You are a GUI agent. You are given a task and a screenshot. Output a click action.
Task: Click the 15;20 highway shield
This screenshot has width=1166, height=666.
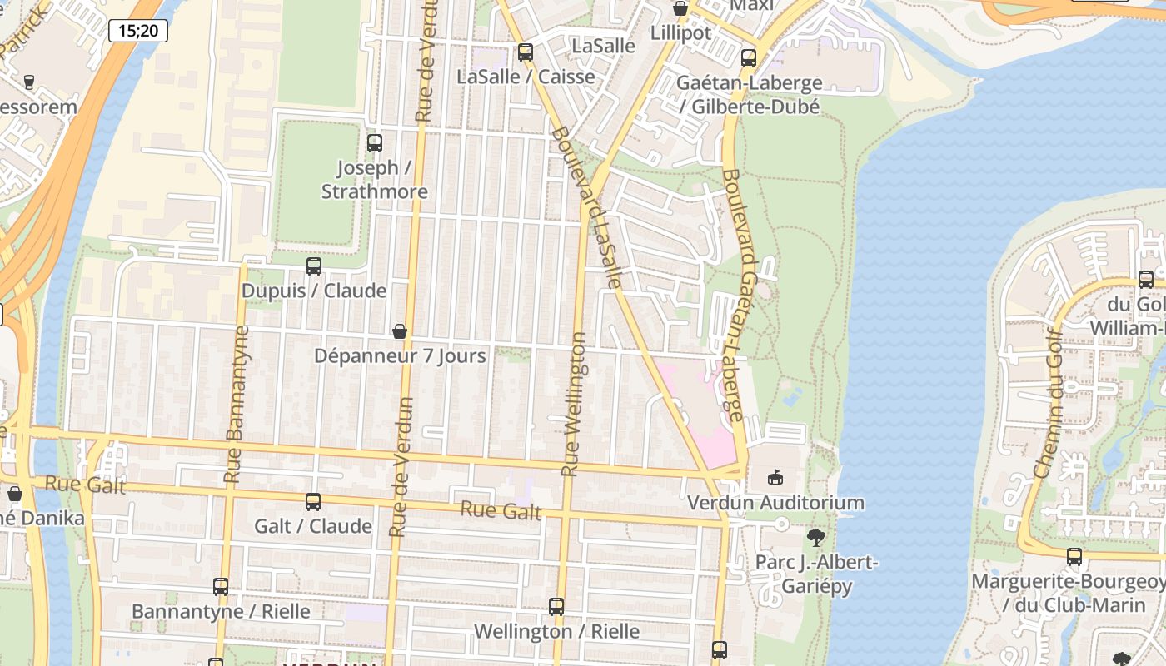pyautogui.click(x=138, y=31)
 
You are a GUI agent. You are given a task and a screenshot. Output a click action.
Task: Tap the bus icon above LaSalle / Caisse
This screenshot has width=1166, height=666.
pyautogui.click(x=526, y=52)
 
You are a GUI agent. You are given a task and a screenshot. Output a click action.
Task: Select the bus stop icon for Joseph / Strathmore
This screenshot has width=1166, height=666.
pyautogui.click(x=375, y=143)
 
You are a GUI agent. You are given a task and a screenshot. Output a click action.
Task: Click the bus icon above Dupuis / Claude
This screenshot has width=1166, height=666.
pyautogui.click(x=314, y=266)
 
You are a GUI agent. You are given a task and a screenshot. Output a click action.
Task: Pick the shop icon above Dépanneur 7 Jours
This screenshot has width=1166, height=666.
pyautogui.click(x=400, y=331)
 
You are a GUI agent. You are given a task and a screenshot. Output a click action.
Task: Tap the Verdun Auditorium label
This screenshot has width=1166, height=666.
pyautogui.click(x=775, y=503)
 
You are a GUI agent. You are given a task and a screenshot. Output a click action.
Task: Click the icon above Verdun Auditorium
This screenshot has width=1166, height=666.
pyautogui.click(x=775, y=477)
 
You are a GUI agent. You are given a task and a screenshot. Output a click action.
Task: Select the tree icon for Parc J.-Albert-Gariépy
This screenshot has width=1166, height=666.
pyautogui.click(x=816, y=538)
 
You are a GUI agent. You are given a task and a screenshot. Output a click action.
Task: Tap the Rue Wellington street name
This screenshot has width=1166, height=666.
pyautogui.click(x=575, y=405)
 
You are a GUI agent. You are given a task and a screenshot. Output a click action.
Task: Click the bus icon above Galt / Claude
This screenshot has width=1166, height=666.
pyautogui.click(x=313, y=502)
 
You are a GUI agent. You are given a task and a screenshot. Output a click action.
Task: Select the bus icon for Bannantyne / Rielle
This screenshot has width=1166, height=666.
pyautogui.click(x=221, y=587)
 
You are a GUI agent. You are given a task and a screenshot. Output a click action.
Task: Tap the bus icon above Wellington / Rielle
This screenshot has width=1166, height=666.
pyautogui.click(x=556, y=607)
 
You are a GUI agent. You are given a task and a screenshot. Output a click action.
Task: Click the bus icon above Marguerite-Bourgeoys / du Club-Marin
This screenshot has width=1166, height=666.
pyautogui.click(x=1074, y=556)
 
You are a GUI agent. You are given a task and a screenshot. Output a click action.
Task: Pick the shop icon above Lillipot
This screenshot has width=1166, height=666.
pyautogui.click(x=680, y=9)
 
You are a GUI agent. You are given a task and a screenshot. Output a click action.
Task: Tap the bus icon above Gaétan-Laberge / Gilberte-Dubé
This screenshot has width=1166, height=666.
pyautogui.click(x=749, y=58)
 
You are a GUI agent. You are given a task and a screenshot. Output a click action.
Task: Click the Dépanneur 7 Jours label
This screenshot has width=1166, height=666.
pyautogui.click(x=400, y=356)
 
